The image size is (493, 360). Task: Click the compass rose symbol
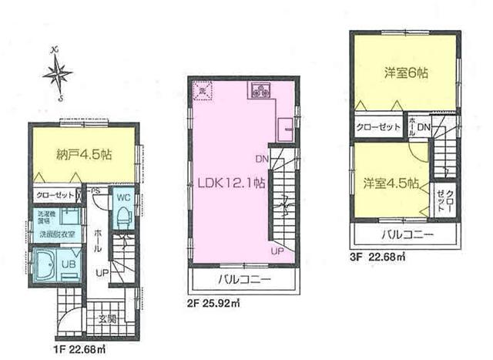pos(56,75)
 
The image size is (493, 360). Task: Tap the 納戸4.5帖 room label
pos(82,153)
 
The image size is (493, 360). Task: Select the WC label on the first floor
pos(122,197)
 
